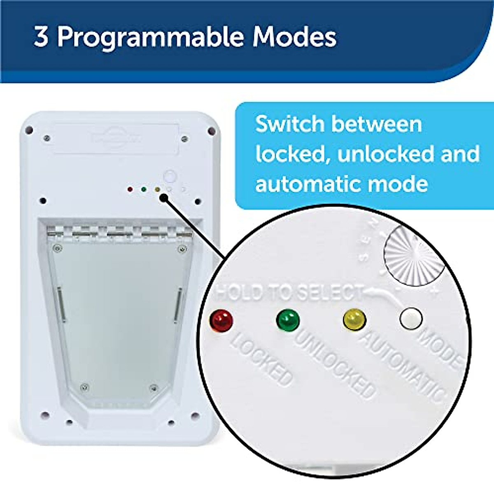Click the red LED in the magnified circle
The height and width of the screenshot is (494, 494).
[221, 319]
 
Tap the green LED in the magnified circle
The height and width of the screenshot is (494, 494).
[288, 320]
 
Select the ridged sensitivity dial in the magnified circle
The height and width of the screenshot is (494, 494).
[414, 255]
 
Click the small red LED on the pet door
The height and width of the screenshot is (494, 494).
[130, 190]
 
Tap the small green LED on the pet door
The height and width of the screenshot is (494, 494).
[143, 190]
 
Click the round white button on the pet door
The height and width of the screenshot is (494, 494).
[170, 177]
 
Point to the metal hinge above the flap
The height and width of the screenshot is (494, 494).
[119, 233]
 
